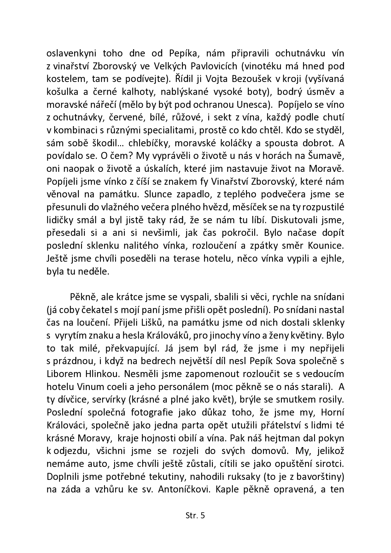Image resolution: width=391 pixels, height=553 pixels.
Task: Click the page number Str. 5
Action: coord(195,515)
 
